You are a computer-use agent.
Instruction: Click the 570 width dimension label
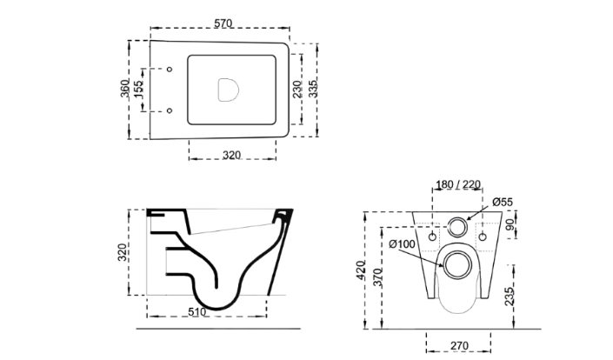pos(223,23)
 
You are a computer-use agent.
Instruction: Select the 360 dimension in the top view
pos(124,89)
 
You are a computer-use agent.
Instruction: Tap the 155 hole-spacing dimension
pos(138,90)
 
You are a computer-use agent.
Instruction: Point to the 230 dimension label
pos(297,89)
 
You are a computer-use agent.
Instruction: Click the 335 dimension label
pos(313,89)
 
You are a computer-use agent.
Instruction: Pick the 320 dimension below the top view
pos(231,155)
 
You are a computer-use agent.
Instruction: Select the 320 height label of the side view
pos(123,252)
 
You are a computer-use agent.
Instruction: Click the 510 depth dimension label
pos(197,312)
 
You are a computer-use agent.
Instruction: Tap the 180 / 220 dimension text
pos(458,184)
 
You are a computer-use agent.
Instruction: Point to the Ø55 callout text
pos(503,202)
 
